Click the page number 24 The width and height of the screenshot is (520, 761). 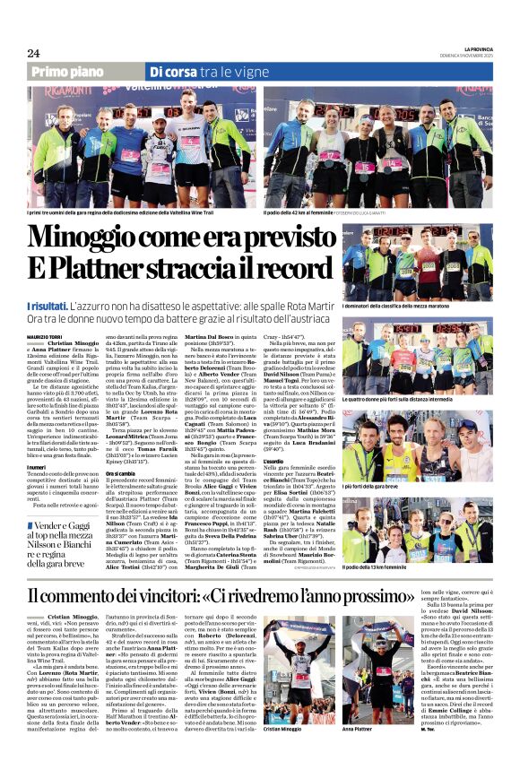[33, 53]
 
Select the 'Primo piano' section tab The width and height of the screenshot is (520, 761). [74, 72]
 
